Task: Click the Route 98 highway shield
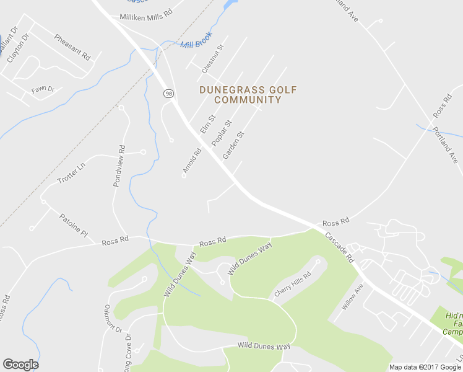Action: click(169, 93)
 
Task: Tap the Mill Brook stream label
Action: click(196, 40)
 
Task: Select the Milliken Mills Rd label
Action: click(146, 16)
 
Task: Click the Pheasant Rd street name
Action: click(72, 47)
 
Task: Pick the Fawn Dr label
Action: click(43, 89)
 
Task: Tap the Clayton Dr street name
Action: click(18, 48)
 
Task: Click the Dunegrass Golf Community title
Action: click(248, 95)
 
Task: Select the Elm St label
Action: click(207, 123)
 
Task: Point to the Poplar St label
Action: click(221, 133)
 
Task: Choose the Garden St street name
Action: click(234, 144)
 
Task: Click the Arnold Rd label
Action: click(192, 160)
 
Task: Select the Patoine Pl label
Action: click(74, 224)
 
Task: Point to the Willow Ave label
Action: click(352, 298)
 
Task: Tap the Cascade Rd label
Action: click(339, 247)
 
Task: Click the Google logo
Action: click(20, 365)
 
